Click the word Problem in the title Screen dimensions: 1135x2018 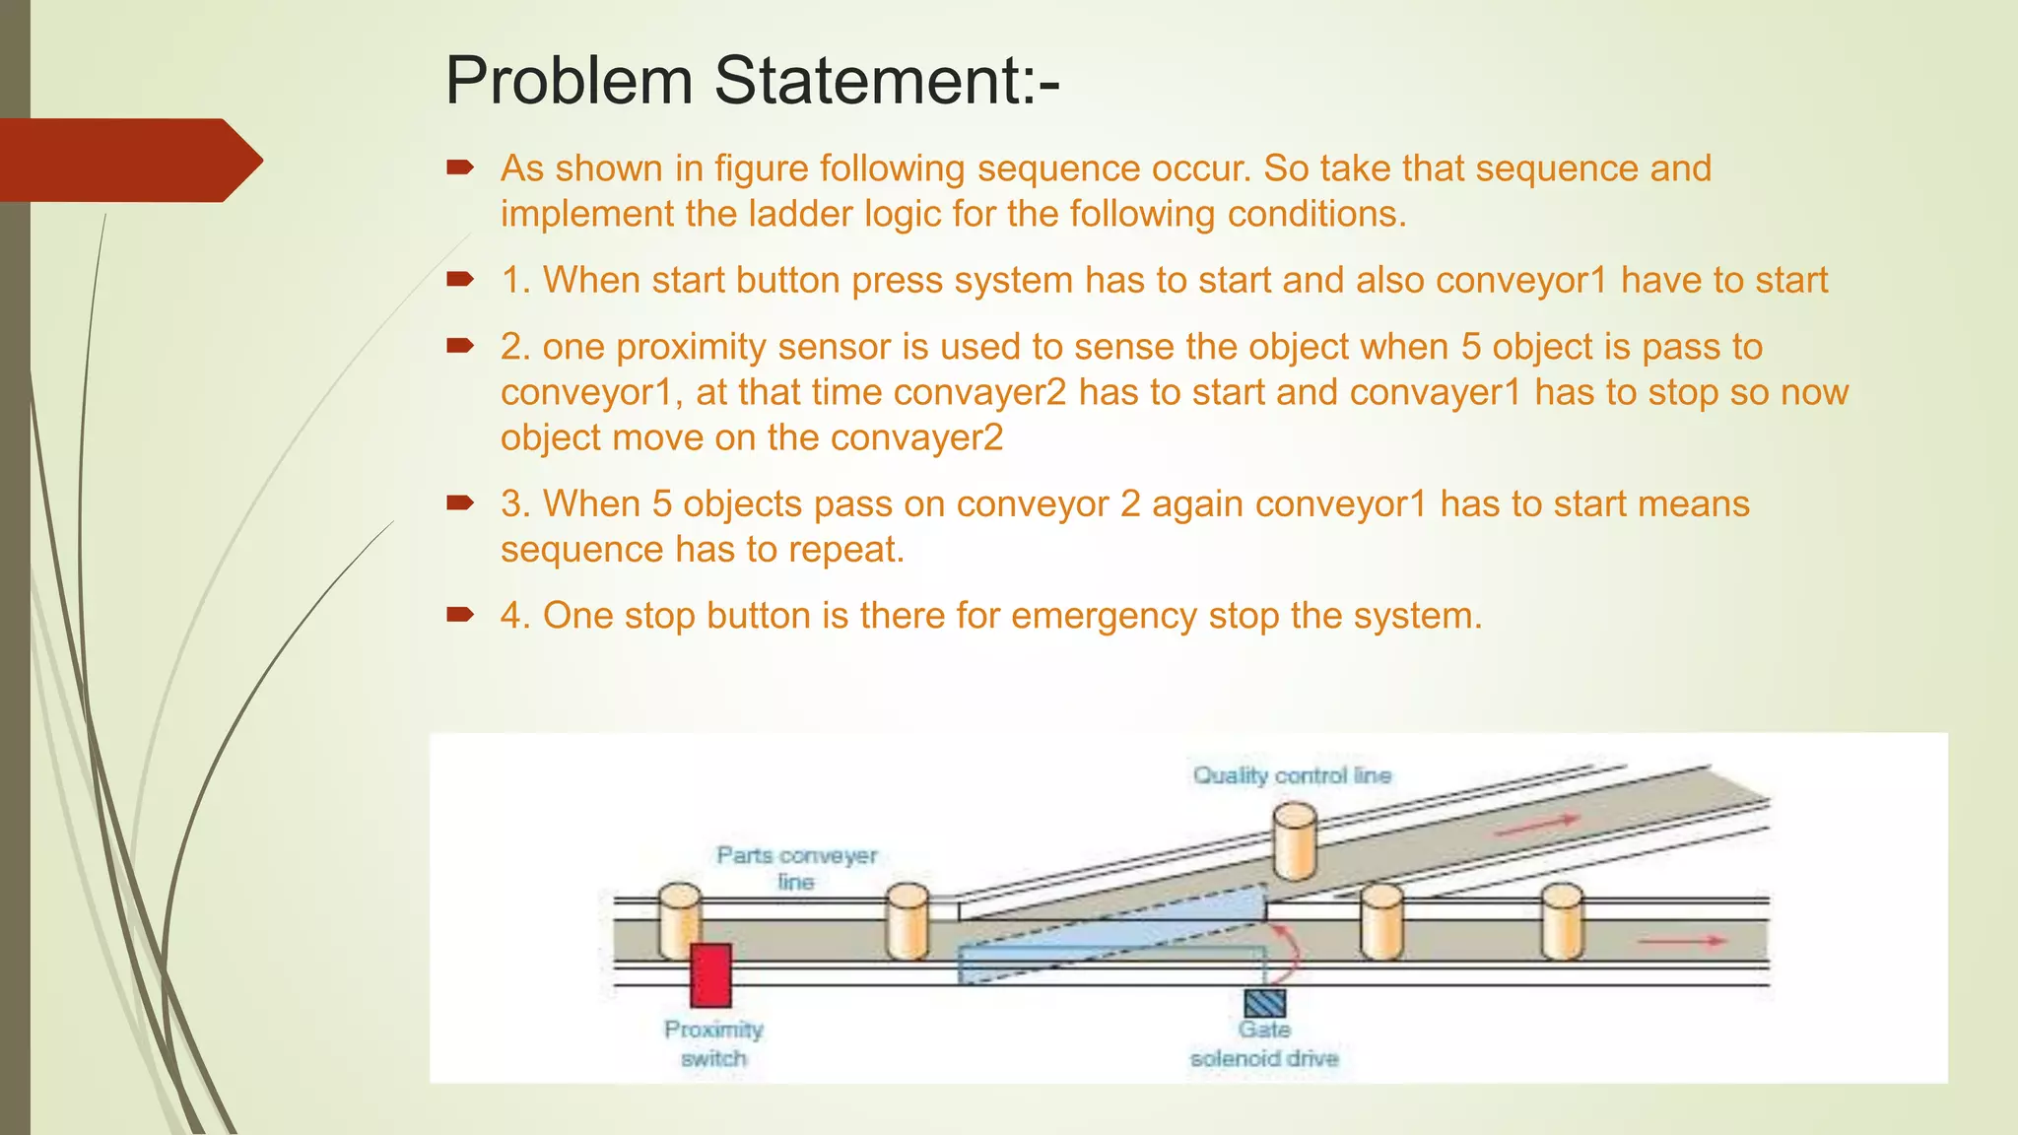[569, 81]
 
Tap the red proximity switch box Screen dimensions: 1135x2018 [710, 975]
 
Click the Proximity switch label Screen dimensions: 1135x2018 [713, 1043]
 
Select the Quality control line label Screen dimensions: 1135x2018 [1292, 775]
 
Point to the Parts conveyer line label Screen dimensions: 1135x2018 [796, 867]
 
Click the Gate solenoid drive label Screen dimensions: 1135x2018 [1264, 1043]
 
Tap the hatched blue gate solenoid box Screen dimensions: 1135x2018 [1264, 1003]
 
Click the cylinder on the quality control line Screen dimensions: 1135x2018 [1295, 840]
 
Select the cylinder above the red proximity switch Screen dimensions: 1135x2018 [680, 918]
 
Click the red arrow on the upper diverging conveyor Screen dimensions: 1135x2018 [1538, 826]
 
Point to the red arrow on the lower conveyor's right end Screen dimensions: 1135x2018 [1682, 942]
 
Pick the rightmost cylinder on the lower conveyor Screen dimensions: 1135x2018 [1562, 921]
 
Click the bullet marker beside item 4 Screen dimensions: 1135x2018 [460, 616]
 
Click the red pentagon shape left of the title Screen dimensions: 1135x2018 [128, 160]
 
